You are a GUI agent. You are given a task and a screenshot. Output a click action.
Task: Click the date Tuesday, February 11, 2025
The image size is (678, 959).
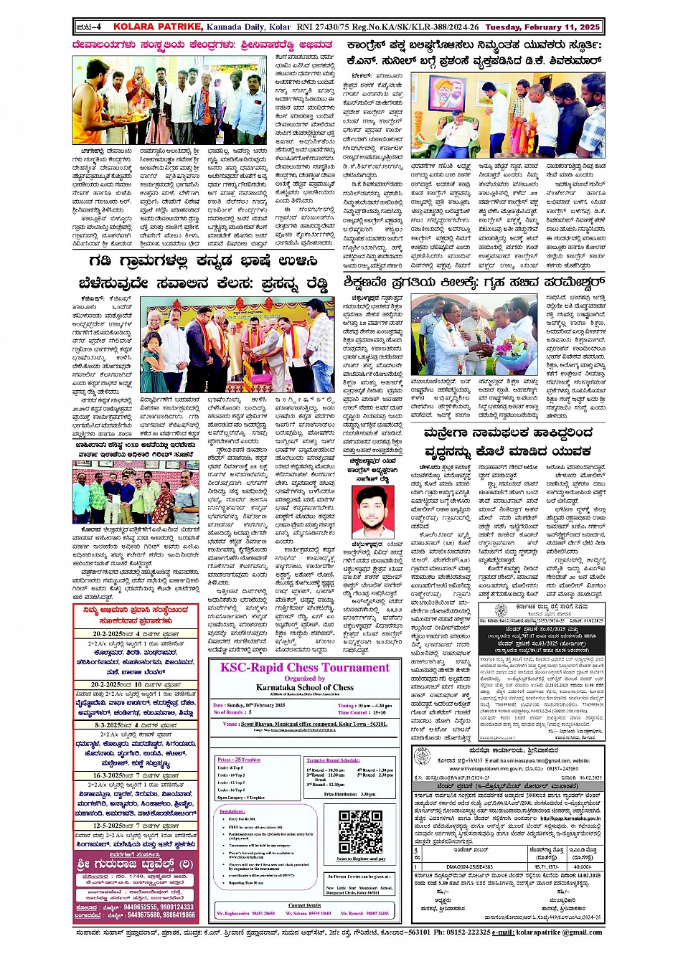tap(542, 27)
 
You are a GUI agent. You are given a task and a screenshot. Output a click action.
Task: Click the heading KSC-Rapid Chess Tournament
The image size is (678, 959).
tap(305, 668)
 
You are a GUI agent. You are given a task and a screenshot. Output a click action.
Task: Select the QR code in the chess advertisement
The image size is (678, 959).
tap(360, 831)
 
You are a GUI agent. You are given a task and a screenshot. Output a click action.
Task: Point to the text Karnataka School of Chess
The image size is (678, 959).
tap(305, 687)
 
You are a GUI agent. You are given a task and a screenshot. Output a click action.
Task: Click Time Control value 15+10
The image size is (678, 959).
tap(380, 712)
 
